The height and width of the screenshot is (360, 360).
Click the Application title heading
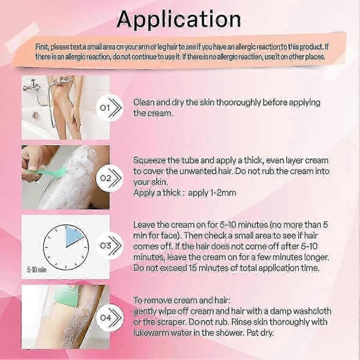coord(179,20)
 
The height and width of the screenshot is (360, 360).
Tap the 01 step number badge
coord(110,107)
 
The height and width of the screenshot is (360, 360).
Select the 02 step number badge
coord(110,178)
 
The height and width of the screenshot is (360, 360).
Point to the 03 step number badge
coord(110,245)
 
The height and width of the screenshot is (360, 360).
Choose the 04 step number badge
coord(110,318)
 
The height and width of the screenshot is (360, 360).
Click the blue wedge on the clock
coord(73,236)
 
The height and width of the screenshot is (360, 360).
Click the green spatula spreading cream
coord(47,171)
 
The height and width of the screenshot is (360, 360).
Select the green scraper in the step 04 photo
coord(66,296)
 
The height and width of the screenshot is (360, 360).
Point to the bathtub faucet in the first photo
coord(32,86)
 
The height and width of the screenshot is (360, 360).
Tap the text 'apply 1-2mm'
coord(212,193)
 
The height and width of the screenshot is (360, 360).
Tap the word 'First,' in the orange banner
coord(42,47)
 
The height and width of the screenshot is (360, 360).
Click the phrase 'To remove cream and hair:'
coord(182,301)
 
